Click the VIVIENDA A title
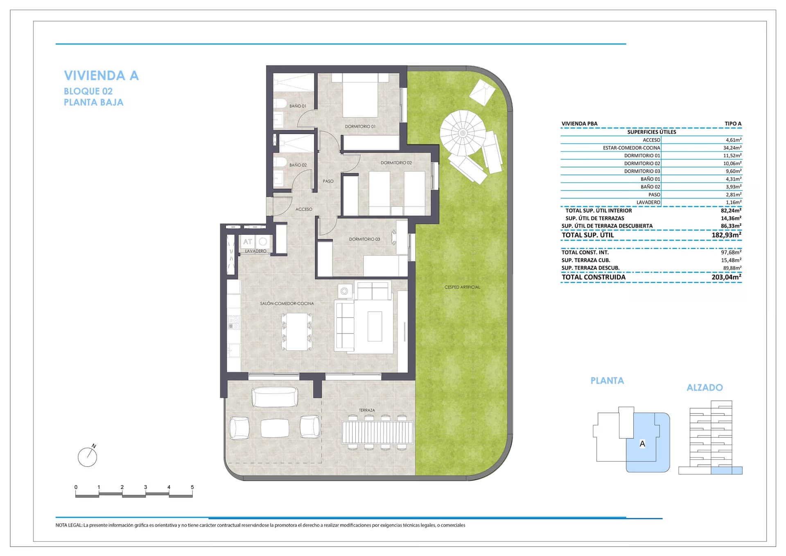(102, 75)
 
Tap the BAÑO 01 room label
(298, 106)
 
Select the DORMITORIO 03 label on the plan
(364, 239)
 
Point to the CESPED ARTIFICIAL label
(462, 287)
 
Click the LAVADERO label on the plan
(255, 251)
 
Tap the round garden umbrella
(463, 133)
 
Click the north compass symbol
(88, 456)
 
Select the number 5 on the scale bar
(192, 487)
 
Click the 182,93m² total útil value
(727, 235)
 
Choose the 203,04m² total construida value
(727, 277)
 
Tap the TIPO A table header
(733, 124)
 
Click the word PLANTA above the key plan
(607, 381)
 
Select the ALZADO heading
(705, 388)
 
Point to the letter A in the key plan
(642, 444)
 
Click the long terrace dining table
(377, 432)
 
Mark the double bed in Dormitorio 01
(360, 95)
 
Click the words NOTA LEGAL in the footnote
(69, 525)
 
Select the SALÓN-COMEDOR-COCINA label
(287, 304)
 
